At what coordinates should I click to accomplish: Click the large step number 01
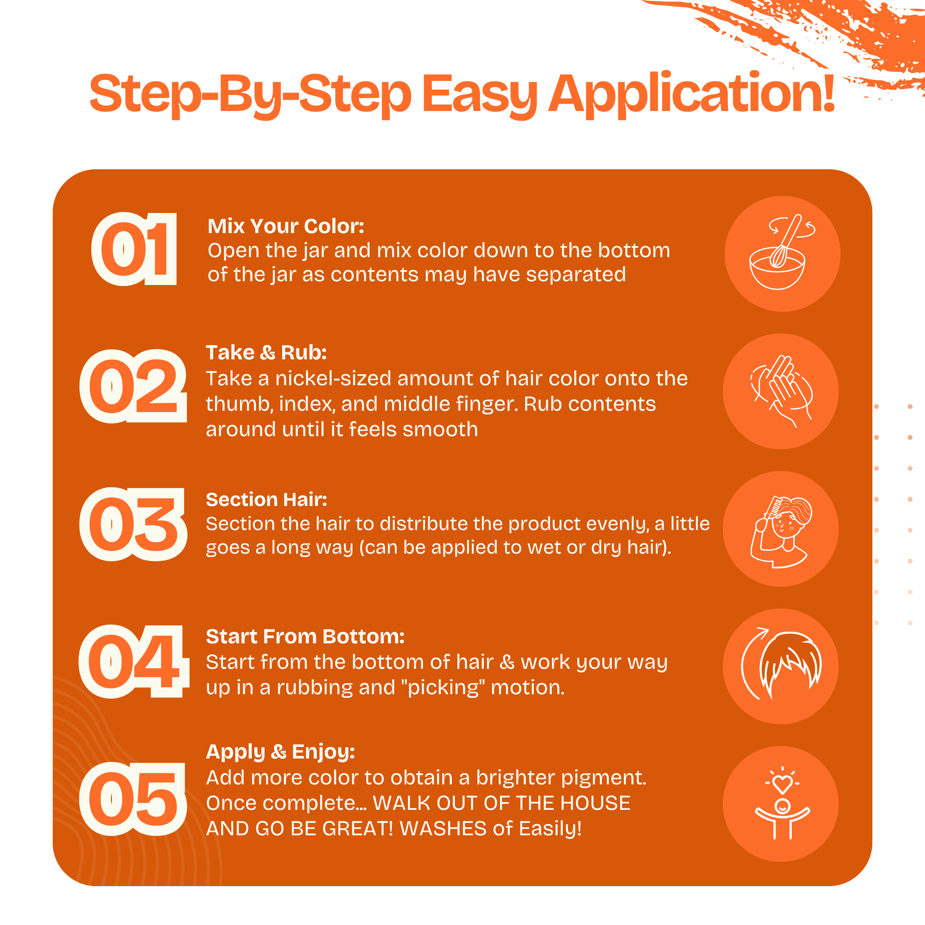(134, 249)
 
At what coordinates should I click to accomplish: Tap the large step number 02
(133, 386)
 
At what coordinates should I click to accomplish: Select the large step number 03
(133, 524)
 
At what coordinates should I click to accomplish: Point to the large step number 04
(134, 661)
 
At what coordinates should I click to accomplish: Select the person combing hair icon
(781, 532)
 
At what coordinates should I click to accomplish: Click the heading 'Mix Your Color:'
(286, 226)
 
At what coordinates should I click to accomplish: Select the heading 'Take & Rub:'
(266, 352)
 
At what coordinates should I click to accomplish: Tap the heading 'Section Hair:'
(267, 499)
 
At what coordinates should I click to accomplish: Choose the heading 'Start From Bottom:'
(305, 637)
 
